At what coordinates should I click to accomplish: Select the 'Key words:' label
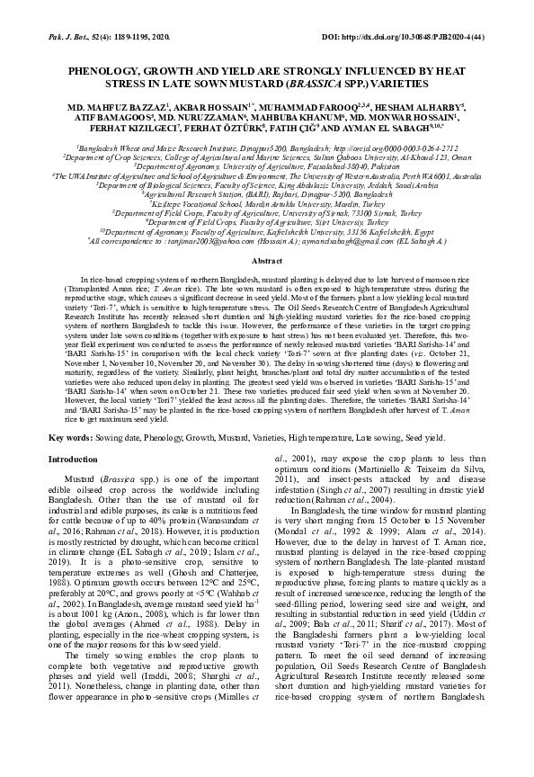pos(69,436)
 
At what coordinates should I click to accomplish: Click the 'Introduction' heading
pos(76,459)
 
